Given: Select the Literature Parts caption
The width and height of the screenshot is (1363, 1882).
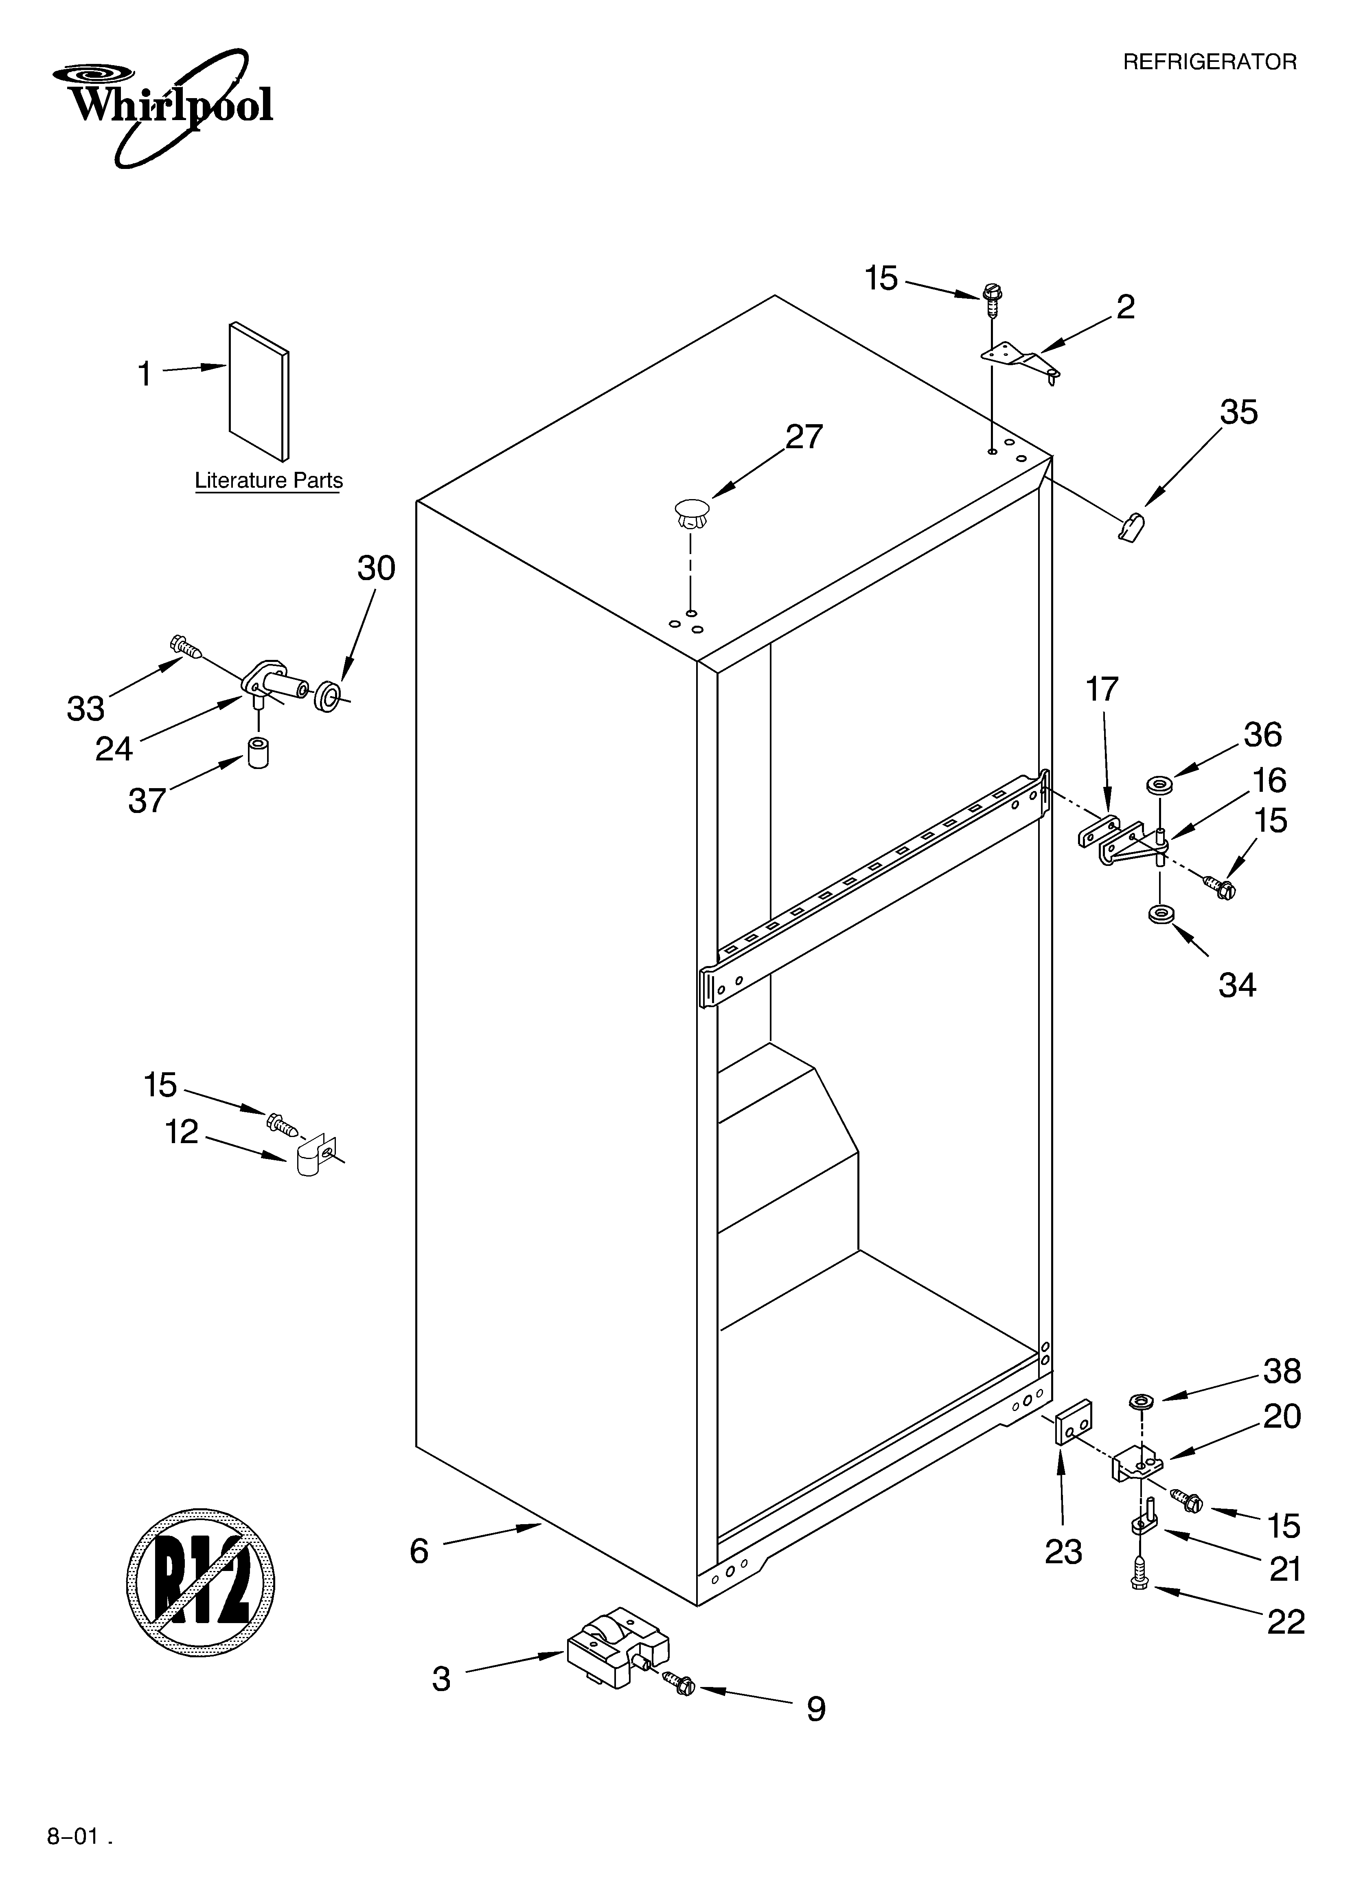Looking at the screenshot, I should [268, 480].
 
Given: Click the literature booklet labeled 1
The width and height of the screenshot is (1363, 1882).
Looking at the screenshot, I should [259, 390].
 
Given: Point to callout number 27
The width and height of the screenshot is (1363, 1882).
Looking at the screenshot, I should [804, 436].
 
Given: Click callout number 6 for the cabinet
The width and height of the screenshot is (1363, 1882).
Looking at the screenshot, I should [419, 1550].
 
